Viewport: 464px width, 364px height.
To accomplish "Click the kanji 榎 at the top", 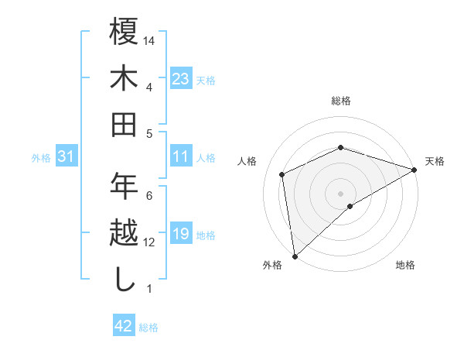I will click(124, 34).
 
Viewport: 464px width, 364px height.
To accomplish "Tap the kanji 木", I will click(124, 79).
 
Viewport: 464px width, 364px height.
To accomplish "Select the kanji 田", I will click(124, 124).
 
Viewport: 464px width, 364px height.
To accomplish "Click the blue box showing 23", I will click(181, 79).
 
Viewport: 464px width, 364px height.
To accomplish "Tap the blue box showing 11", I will click(181, 157).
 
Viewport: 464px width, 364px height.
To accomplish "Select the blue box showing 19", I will click(181, 235).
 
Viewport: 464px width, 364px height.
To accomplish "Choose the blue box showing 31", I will click(67, 157).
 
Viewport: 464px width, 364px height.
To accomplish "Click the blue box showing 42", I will click(124, 326).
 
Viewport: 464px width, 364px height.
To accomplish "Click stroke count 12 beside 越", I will click(150, 242).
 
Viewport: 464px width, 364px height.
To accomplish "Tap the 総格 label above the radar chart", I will click(340, 101).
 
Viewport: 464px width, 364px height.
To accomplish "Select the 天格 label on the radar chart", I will click(435, 162).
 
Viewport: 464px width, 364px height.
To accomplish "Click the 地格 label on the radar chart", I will click(405, 266).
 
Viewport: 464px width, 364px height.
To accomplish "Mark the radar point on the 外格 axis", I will click(295, 256).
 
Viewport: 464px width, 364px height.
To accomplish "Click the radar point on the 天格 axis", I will click(415, 169).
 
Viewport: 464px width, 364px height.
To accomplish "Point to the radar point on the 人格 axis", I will click(282, 174).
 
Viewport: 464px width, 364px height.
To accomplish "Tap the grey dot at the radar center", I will click(340, 193).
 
